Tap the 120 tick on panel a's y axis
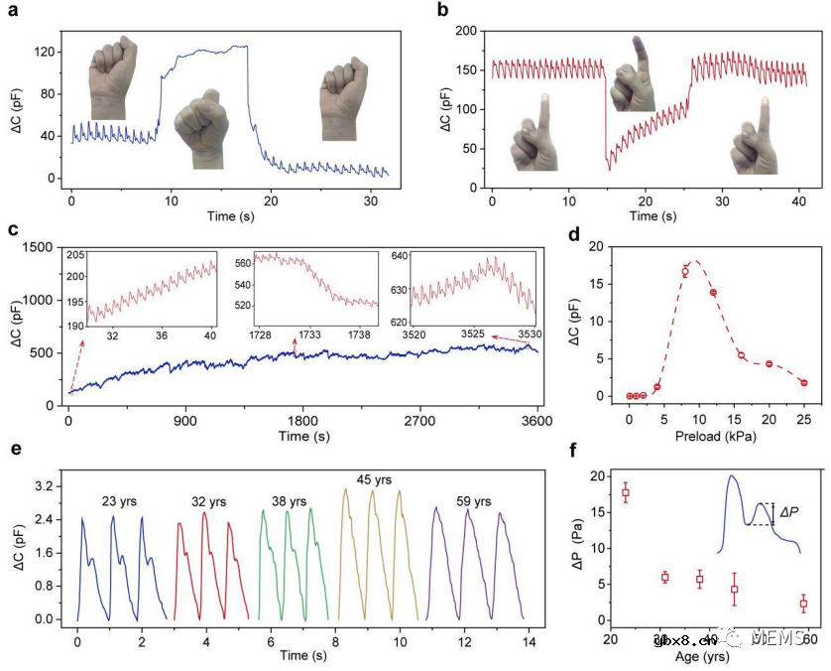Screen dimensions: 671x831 43,48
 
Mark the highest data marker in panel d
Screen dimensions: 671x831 684,271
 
